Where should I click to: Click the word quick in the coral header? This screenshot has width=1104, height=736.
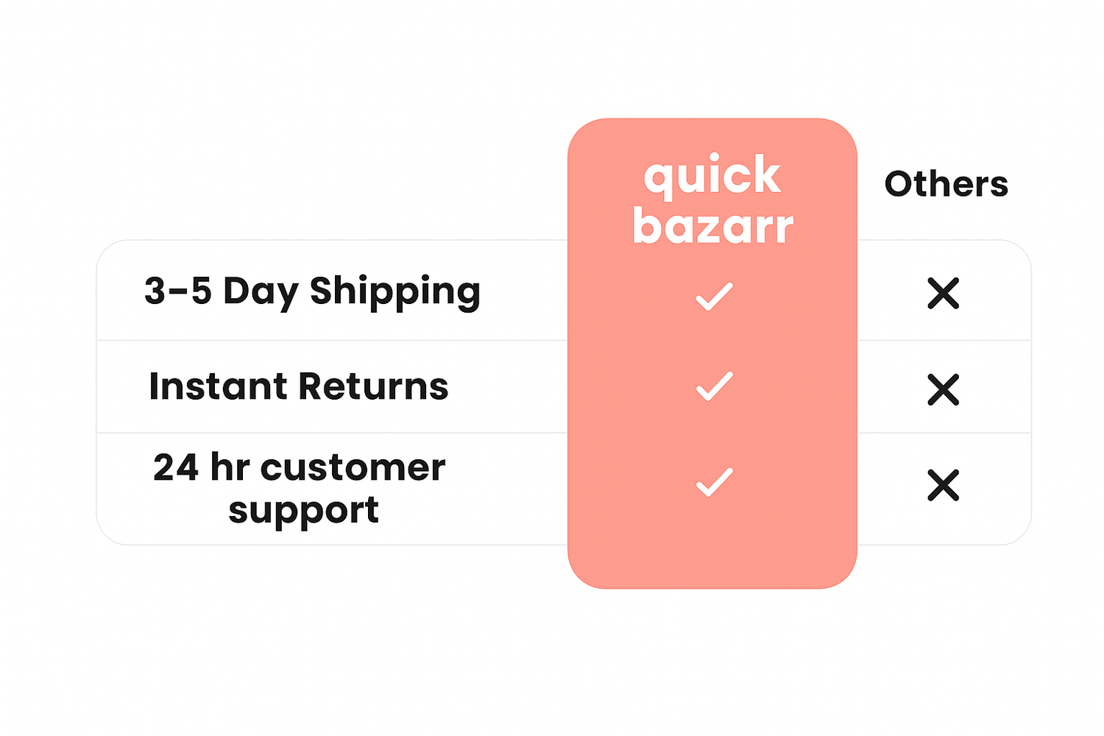pyautogui.click(x=712, y=176)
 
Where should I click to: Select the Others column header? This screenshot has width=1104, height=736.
pyautogui.click(x=946, y=185)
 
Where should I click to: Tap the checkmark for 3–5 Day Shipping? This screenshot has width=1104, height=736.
pyautogui.click(x=714, y=297)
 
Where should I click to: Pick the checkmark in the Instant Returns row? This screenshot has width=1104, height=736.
pyautogui.click(x=714, y=386)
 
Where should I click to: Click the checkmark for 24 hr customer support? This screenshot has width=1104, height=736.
pyautogui.click(x=714, y=481)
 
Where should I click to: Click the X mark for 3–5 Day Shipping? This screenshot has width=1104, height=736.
pyautogui.click(x=944, y=294)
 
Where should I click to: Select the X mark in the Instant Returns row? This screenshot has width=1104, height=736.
pyautogui.click(x=944, y=389)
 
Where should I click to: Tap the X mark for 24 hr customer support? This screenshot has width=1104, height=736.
pyautogui.click(x=944, y=485)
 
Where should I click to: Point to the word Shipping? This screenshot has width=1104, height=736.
pyautogui.click(x=394, y=293)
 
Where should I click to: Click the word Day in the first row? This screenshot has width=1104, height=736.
pyautogui.click(x=261, y=293)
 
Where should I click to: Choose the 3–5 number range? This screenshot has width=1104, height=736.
pyautogui.click(x=178, y=291)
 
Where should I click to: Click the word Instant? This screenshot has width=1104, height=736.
pyautogui.click(x=218, y=386)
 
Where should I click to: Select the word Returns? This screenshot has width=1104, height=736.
pyautogui.click(x=374, y=386)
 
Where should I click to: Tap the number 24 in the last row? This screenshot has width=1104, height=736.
pyautogui.click(x=176, y=467)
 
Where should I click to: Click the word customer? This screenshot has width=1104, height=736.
pyautogui.click(x=353, y=468)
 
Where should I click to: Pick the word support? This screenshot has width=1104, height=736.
pyautogui.click(x=303, y=512)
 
